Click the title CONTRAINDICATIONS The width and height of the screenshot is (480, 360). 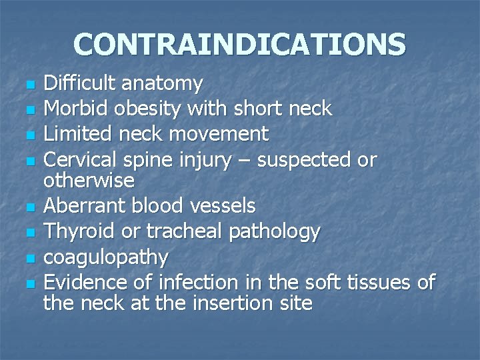tap(239, 44)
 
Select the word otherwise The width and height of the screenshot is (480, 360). tap(89, 180)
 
